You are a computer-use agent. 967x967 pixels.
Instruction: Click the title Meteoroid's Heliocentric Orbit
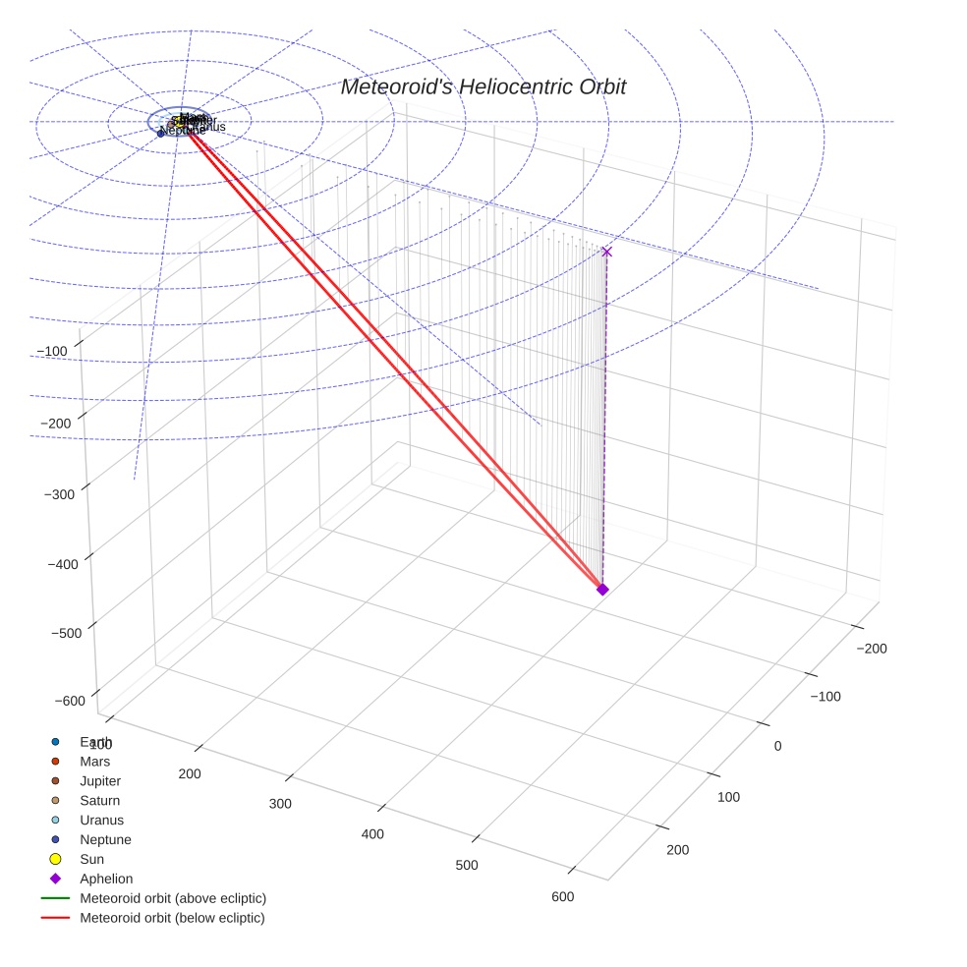[483, 87]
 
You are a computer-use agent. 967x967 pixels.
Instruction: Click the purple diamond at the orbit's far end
[602, 589]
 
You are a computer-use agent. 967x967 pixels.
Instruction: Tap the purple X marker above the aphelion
[606, 252]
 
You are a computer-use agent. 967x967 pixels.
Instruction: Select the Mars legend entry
[94, 761]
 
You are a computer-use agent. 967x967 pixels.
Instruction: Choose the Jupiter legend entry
[100, 780]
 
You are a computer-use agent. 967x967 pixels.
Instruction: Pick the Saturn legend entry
[99, 800]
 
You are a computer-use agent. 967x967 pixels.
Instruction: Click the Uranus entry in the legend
[101, 820]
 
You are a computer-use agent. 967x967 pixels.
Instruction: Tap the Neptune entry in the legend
[105, 839]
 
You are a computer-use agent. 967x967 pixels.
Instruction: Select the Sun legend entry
[91, 859]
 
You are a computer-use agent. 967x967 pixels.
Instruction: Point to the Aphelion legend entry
[106, 879]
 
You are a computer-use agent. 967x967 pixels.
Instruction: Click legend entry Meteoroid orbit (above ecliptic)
[172, 898]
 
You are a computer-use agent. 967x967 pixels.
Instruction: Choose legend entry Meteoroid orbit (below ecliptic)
[172, 918]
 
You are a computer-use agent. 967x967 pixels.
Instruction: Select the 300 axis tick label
[280, 804]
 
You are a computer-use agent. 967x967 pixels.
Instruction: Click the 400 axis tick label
[371, 834]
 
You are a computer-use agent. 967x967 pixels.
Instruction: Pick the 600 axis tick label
[562, 896]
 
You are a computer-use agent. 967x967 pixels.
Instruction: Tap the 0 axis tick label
[777, 746]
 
